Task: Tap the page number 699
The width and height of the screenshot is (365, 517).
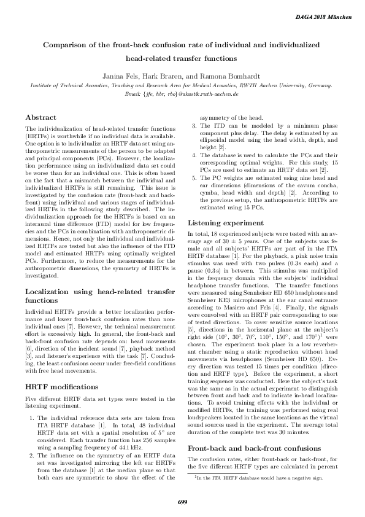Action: [x=182, y=501]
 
